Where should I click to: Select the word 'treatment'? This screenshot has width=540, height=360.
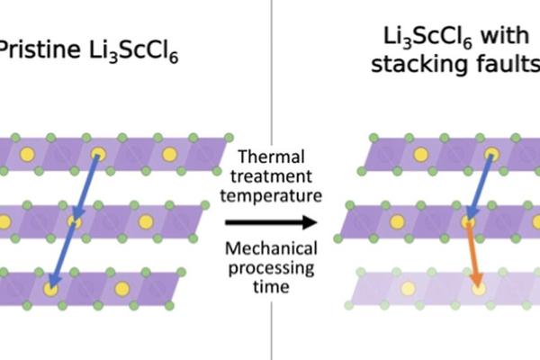coord(269,178)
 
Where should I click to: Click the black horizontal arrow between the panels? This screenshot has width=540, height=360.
coord(269,221)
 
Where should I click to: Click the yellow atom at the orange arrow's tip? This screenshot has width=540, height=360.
coord(478,288)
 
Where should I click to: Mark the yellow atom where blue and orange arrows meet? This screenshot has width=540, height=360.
coord(469,220)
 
